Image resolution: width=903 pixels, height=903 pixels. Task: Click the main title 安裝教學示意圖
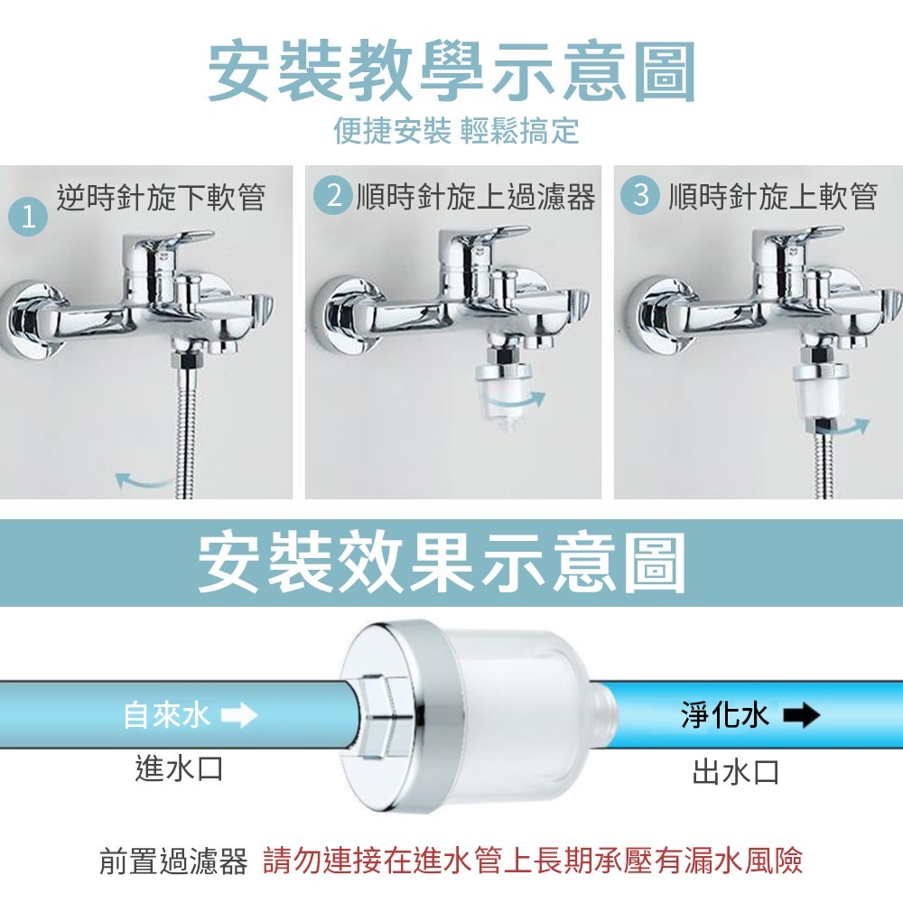(x=451, y=70)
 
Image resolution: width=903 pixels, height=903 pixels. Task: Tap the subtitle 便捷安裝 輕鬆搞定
(x=456, y=132)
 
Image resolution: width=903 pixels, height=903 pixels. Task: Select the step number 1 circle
(x=28, y=218)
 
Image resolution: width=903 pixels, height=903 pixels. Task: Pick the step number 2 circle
(x=335, y=196)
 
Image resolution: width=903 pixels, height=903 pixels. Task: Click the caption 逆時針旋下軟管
(x=161, y=197)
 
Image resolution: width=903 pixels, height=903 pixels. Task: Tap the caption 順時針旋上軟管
(x=773, y=197)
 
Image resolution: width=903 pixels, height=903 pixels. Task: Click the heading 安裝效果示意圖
(x=442, y=563)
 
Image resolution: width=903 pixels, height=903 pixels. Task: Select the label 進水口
(x=178, y=768)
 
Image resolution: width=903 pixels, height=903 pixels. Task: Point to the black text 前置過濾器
(x=173, y=861)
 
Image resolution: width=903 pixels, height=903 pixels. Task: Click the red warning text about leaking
(x=533, y=861)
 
